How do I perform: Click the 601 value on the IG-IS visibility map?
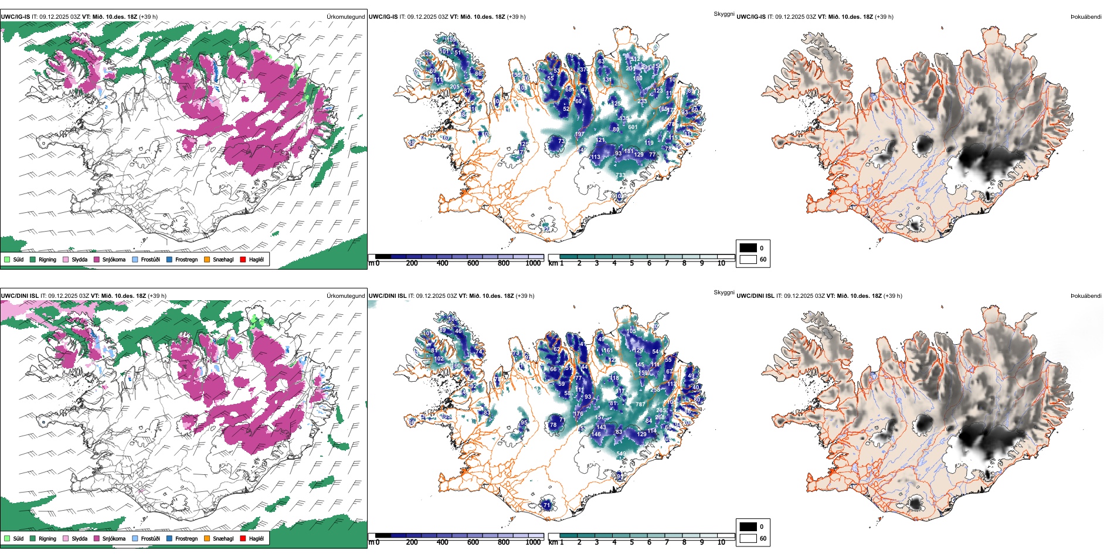tap(633, 127)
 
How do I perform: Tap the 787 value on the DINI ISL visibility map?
tap(640, 404)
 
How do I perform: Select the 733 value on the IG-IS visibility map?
tap(620, 175)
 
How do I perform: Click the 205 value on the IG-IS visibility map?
tap(454, 87)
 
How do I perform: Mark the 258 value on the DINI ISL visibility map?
tap(655, 389)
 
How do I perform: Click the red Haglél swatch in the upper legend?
tap(243, 259)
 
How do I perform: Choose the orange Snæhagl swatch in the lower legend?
tap(207, 538)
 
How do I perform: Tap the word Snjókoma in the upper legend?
tap(114, 259)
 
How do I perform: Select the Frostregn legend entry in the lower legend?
tap(186, 538)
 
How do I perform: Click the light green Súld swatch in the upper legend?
tap(7, 259)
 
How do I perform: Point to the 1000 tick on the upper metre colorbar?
tap(533, 263)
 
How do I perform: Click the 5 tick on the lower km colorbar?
tap(631, 542)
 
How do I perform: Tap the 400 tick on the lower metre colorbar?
tap(442, 542)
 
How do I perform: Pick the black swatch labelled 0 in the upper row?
tap(748, 247)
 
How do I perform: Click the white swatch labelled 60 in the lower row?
tap(748, 538)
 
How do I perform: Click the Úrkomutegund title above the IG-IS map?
tap(345, 17)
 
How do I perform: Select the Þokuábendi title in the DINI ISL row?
tap(1086, 296)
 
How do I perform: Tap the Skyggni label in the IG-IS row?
tap(724, 14)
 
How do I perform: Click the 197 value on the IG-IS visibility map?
tap(579, 134)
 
